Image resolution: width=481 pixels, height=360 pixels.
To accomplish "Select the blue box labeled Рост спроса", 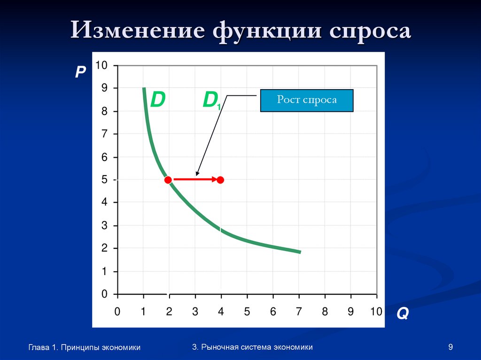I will [x=307, y=100].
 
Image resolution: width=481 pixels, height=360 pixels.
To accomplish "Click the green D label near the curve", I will [x=157, y=100].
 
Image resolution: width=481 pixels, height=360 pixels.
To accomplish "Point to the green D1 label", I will [x=211, y=101].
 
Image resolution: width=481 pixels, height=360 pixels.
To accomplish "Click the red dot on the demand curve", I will [x=168, y=180].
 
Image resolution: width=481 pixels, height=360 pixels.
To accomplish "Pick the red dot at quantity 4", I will [x=220, y=180].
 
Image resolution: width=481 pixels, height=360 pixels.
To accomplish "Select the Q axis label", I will [x=402, y=314].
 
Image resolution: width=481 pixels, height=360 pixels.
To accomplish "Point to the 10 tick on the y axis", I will [x=101, y=65].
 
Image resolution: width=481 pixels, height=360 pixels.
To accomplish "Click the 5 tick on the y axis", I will [x=104, y=180].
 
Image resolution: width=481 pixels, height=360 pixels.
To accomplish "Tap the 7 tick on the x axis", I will [x=299, y=312].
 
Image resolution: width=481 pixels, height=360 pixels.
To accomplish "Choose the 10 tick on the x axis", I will [x=376, y=312].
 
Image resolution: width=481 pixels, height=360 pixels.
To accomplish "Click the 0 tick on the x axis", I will [x=117, y=312].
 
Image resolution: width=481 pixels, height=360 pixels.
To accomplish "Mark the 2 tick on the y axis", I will [x=104, y=248].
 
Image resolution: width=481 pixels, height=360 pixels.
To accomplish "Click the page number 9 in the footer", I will [x=450, y=347].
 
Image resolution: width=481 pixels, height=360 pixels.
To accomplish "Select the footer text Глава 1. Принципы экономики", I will [x=85, y=348].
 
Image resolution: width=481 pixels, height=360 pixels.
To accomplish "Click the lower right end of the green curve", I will [x=299, y=252].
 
